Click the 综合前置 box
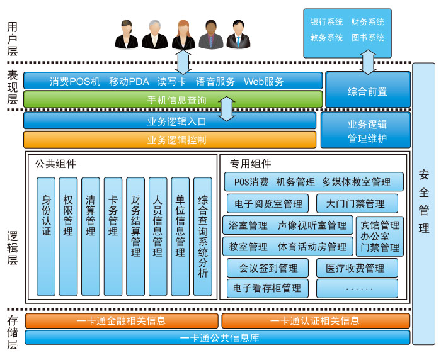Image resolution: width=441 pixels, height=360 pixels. pyautogui.click(x=367, y=91)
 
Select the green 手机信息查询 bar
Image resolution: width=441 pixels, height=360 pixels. pyautogui.click(x=173, y=99)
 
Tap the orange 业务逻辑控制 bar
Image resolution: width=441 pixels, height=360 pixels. pyautogui.click(x=169, y=140)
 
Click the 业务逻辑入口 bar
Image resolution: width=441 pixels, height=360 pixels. pyautogui.click(x=169, y=121)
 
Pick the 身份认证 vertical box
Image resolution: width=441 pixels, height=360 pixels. pyautogui.click(x=46, y=236)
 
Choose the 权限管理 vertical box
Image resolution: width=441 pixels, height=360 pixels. pyautogui.click(x=68, y=236)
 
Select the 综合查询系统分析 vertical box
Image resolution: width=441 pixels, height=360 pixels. pyautogui.click(x=203, y=236)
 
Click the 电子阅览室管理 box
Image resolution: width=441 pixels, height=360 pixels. pyautogui.click(x=268, y=203)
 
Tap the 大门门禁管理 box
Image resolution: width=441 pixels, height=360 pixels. pyautogui.click(x=357, y=203)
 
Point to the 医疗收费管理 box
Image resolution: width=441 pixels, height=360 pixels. pyautogui.click(x=357, y=268)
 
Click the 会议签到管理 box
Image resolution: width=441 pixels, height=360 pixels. pyautogui.click(x=268, y=268)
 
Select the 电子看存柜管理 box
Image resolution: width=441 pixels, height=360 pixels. pyautogui.click(x=268, y=288)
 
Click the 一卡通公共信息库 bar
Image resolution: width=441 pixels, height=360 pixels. pyautogui.click(x=217, y=338)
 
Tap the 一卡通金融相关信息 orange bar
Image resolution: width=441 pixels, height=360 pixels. pyautogui.click(x=122, y=321)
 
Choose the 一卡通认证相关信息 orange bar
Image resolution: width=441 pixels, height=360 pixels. pyautogui.click(x=315, y=321)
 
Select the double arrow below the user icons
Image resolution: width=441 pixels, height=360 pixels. pyautogui.click(x=183, y=62)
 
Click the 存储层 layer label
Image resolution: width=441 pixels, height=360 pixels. pyautogui.click(x=12, y=334)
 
